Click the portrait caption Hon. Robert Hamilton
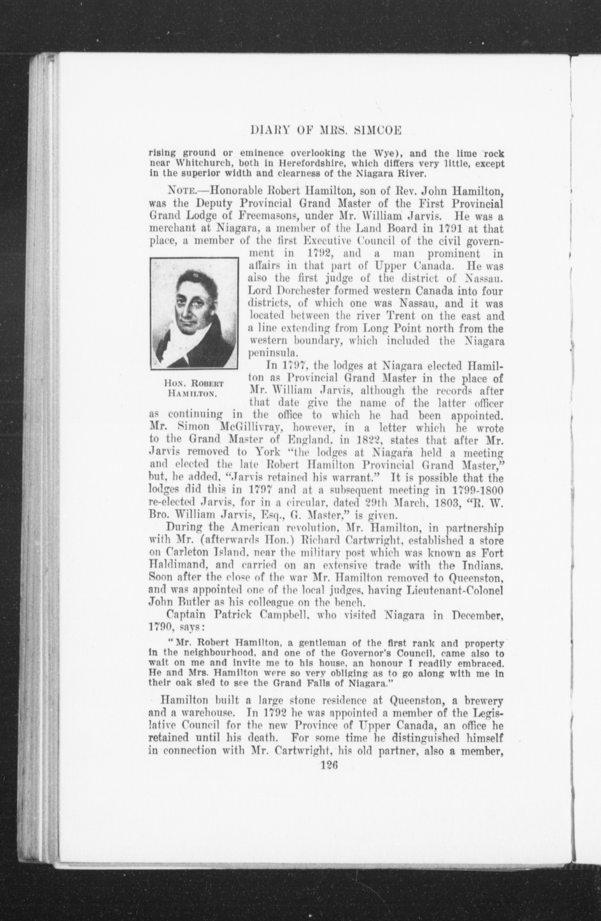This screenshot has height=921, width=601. point(194,389)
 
